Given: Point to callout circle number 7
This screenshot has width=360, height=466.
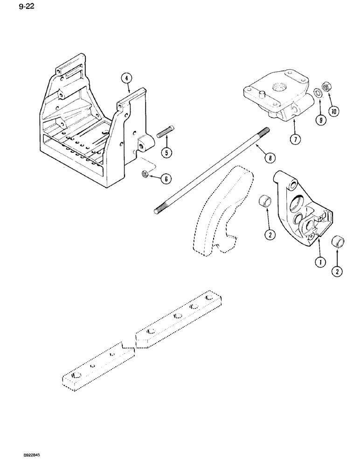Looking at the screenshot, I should point(293,139).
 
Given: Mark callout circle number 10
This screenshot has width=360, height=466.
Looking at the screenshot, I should point(334,111).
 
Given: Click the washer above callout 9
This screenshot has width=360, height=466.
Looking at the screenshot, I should point(317,91).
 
